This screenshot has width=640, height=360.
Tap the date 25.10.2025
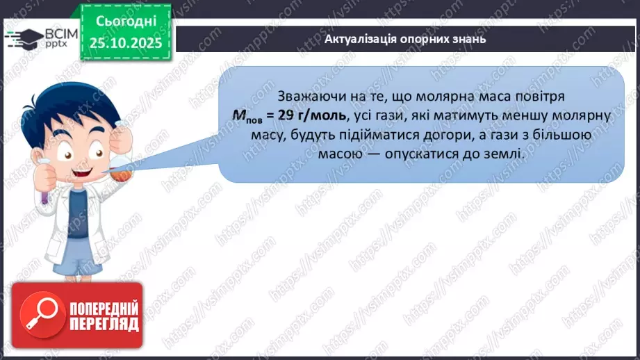[x=125, y=42]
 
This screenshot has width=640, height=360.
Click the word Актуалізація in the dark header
[x=360, y=39]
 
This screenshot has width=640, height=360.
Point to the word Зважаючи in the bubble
[x=308, y=95]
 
